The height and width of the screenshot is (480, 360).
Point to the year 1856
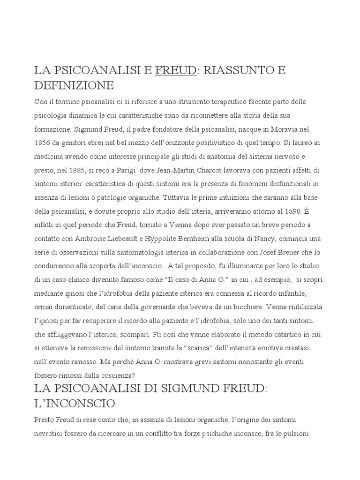point(43,142)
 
